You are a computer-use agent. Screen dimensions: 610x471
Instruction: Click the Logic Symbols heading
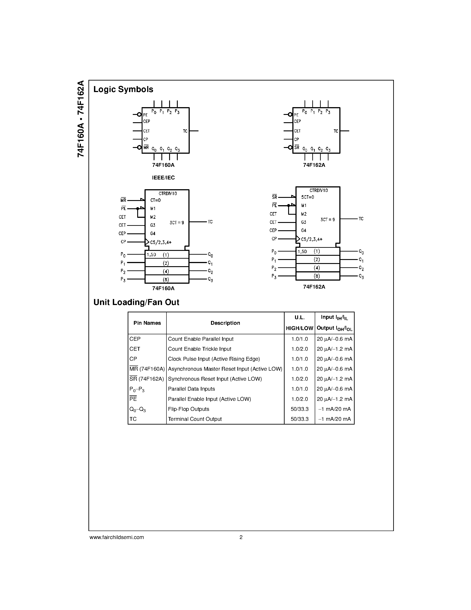point(123,89)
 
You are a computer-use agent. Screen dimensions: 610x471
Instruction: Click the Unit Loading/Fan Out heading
point(136,302)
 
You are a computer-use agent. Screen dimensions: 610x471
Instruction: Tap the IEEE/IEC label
point(163,178)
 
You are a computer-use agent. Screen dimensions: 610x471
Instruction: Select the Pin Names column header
point(147,323)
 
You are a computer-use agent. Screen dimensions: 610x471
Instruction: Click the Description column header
point(225,323)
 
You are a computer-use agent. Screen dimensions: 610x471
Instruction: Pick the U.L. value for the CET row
point(299,349)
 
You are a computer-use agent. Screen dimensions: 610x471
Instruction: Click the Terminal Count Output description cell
point(195,419)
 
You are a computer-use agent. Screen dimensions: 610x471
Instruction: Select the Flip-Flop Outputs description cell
point(189,409)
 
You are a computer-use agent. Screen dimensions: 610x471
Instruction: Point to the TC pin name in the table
point(133,419)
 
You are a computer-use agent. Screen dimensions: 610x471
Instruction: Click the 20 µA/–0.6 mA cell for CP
point(334,359)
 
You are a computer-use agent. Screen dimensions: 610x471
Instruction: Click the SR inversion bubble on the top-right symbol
point(290,148)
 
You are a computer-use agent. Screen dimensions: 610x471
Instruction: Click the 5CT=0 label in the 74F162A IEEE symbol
point(307,197)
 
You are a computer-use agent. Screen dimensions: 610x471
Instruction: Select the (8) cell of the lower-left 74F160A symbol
point(166,279)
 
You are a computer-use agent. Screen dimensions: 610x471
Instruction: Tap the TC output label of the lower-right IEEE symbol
point(361,219)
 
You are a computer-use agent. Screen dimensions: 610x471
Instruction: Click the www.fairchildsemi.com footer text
point(117,537)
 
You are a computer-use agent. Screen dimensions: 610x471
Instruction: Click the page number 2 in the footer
point(241,537)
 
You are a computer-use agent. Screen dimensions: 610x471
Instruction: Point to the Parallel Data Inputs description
point(192,389)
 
